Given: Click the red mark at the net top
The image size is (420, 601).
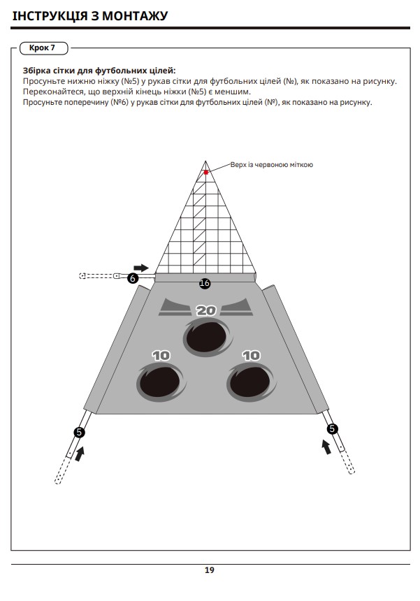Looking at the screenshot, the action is [206, 173].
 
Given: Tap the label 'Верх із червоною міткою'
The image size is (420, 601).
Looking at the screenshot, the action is [272, 165].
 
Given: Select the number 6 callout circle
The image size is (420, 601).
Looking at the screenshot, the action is [133, 278].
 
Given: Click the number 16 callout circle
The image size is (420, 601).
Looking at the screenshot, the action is [205, 283].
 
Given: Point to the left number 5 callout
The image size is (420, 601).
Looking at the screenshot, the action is [80, 433].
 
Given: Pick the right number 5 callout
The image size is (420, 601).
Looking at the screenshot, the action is [332, 428].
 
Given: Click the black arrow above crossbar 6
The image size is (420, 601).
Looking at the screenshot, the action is [141, 268].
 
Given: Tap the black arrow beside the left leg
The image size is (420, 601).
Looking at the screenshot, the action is [80, 454].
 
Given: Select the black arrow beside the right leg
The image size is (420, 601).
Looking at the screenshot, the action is [326, 447].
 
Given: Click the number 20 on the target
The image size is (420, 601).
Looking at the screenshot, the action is [206, 310].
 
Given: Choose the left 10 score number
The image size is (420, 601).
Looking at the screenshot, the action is [161, 356].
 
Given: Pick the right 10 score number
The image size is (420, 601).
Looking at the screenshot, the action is [252, 356].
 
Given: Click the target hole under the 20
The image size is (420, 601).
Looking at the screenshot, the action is [208, 338].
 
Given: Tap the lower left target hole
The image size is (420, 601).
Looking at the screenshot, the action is [161, 382].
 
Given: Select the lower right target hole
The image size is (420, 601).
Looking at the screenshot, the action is [252, 382].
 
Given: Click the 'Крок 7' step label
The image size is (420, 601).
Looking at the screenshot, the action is [42, 48].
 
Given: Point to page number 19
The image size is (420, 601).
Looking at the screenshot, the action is [209, 570].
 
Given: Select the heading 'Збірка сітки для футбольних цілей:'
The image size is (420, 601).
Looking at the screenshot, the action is [99, 71].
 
